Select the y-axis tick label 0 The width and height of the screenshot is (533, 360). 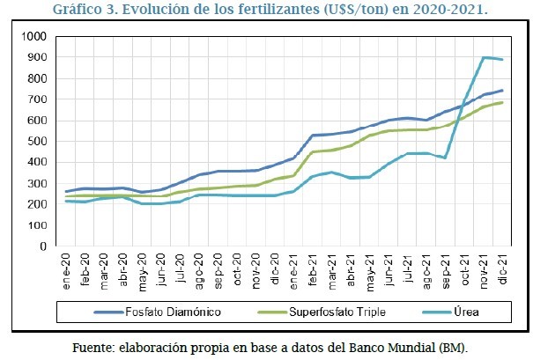(x=42, y=246)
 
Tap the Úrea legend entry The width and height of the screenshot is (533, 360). (x=466, y=311)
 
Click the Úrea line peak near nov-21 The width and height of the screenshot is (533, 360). (x=485, y=58)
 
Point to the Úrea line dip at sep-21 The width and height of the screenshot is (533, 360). (x=446, y=158)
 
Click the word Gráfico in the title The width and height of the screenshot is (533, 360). (x=79, y=11)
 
